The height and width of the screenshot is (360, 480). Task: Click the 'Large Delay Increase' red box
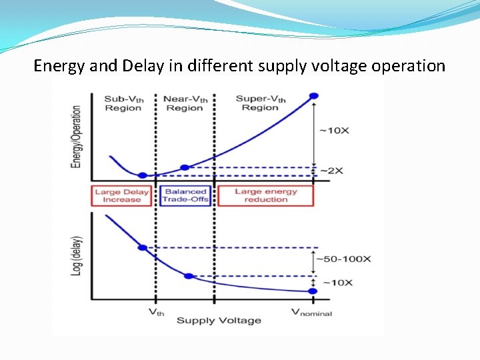point(122,195)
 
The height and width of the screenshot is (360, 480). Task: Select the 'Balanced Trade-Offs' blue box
point(185,195)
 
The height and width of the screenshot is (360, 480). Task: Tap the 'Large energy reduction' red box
point(265,195)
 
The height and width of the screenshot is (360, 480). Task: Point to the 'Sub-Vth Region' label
point(123,103)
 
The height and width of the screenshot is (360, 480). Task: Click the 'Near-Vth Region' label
point(185,103)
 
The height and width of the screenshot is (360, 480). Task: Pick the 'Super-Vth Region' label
point(261,103)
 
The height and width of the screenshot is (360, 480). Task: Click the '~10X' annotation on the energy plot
point(334,130)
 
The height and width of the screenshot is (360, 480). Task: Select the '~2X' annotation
point(332,171)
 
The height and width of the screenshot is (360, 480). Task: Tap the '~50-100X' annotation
point(343,259)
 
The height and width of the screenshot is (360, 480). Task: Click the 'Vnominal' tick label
point(311,311)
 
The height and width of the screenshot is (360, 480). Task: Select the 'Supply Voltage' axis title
point(219,321)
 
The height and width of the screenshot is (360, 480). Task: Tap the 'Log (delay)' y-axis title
point(77,255)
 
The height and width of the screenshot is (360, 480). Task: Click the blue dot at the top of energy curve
point(314,95)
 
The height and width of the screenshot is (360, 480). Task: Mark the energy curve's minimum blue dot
point(141,175)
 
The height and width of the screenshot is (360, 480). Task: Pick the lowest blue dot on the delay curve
point(314,291)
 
